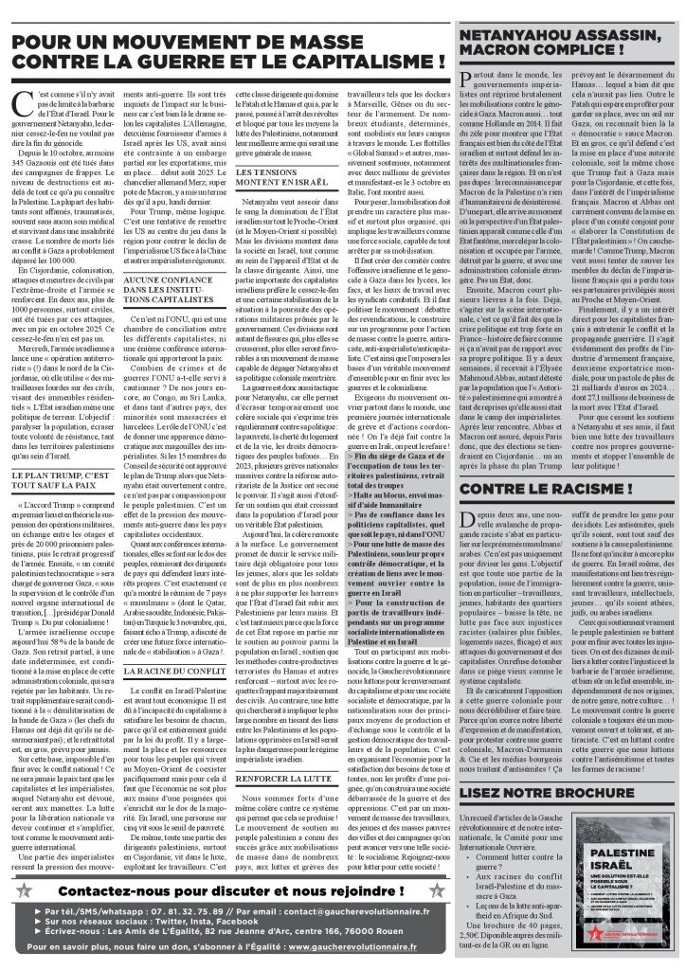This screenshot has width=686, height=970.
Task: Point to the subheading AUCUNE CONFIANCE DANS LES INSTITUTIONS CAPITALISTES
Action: click(x=177, y=290)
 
